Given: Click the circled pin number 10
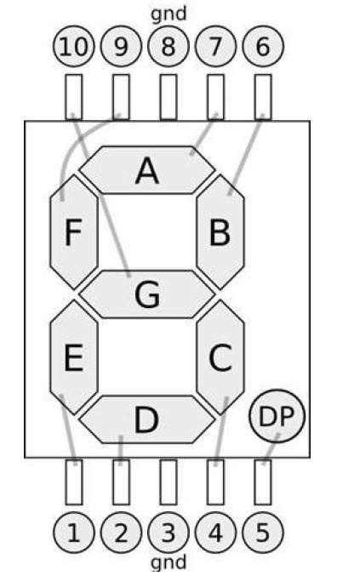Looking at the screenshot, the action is [74, 47].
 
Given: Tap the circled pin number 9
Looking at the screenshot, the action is [122, 47].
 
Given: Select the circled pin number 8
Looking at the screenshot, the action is [169, 47].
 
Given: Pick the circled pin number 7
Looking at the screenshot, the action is [215, 47].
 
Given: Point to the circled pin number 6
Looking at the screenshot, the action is [263, 47].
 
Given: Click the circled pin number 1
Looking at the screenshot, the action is [74, 533].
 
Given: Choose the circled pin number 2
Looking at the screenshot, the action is [122, 533].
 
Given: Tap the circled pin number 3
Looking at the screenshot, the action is [169, 533].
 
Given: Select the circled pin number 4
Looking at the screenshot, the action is [215, 533].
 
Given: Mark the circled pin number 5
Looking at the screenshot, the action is [263, 533].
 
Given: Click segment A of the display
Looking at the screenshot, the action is [147, 170].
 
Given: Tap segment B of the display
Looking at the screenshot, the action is [220, 232].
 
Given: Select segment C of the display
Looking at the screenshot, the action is [220, 357].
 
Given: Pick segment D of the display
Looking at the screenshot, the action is [147, 419].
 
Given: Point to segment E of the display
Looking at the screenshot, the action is [74, 357].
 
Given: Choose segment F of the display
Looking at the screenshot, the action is [74, 232].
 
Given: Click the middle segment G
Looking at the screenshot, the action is [147, 294].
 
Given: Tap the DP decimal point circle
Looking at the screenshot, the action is [277, 416].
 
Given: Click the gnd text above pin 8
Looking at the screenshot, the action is [169, 14].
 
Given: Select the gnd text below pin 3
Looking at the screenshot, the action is [169, 562].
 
